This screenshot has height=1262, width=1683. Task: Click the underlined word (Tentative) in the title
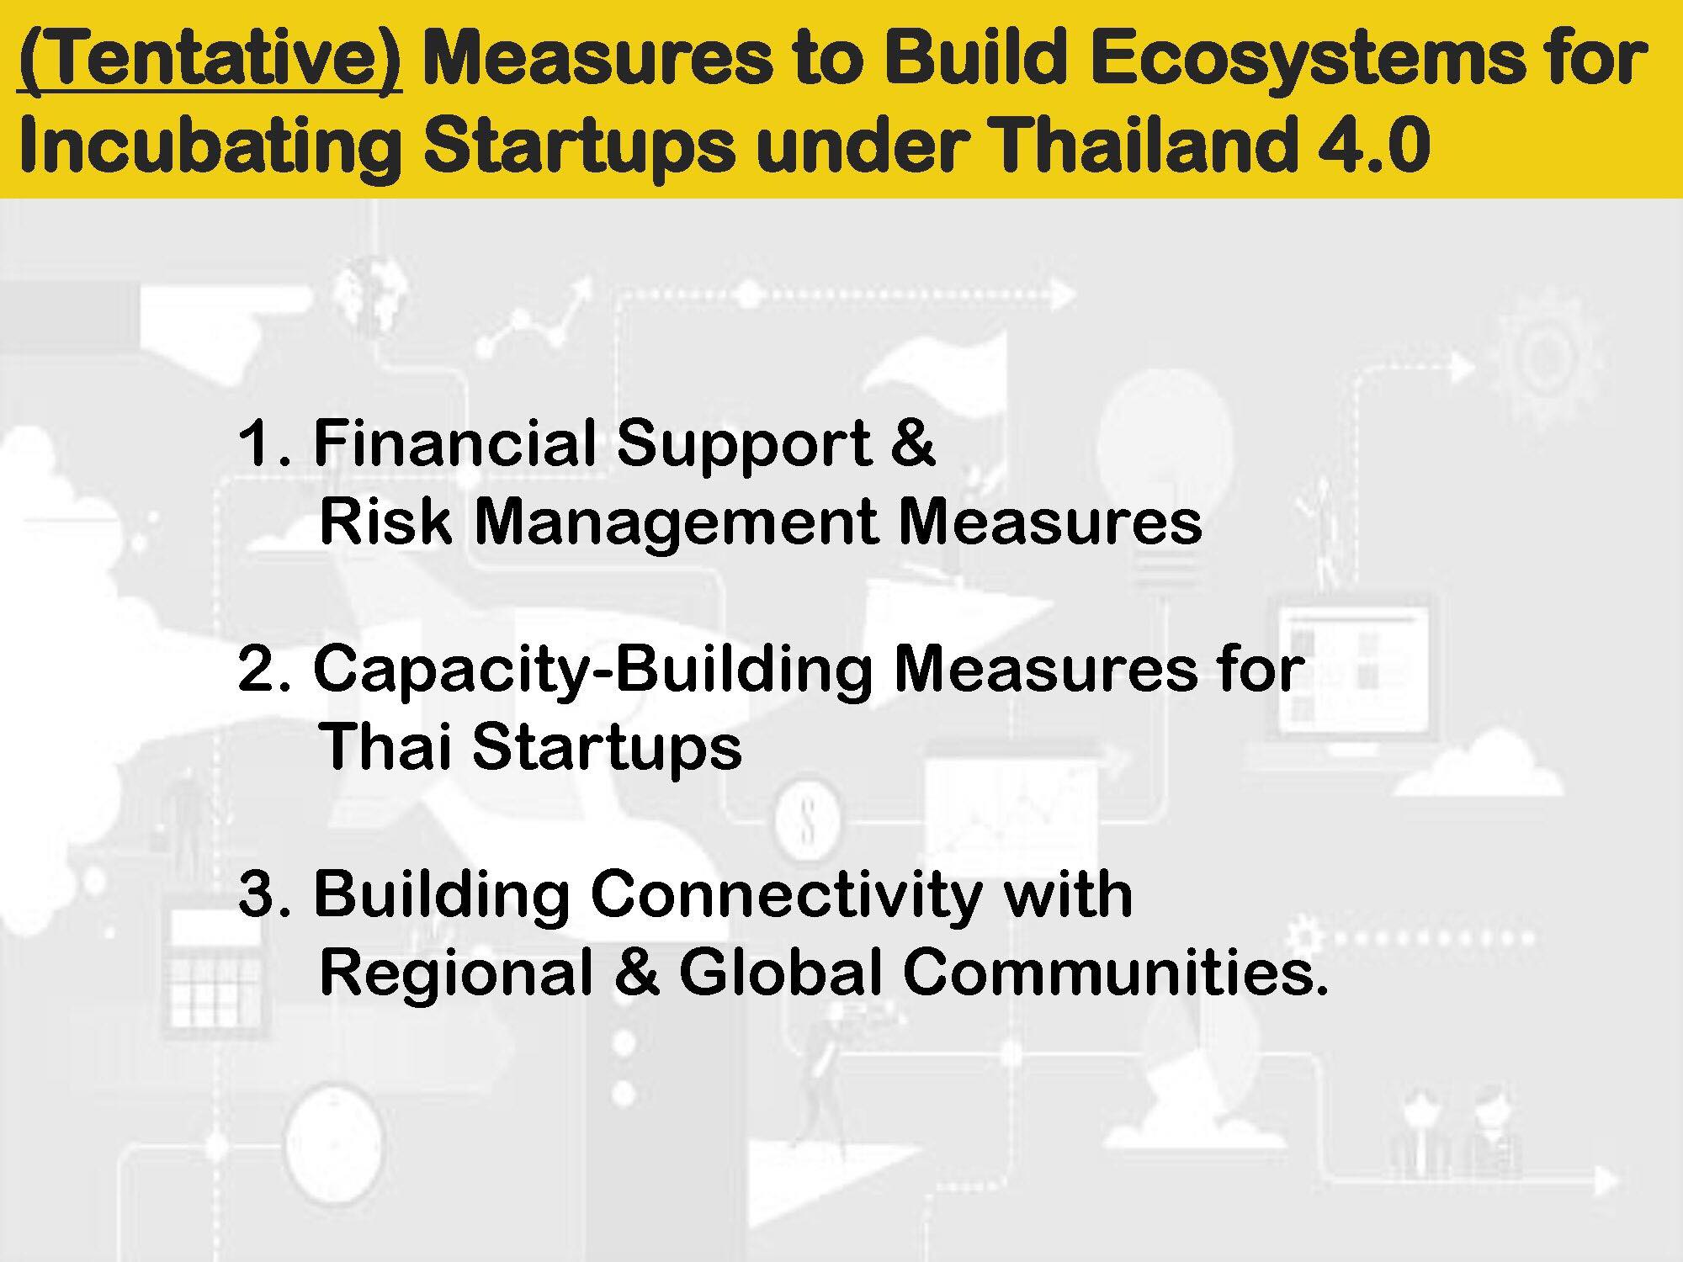[x=210, y=61]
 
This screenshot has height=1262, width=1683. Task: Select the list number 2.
[x=263, y=670]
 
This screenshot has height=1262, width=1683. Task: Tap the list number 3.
[x=263, y=894]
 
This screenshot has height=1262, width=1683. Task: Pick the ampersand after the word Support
[x=912, y=443]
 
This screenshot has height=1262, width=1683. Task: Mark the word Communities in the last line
[x=1114, y=972]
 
